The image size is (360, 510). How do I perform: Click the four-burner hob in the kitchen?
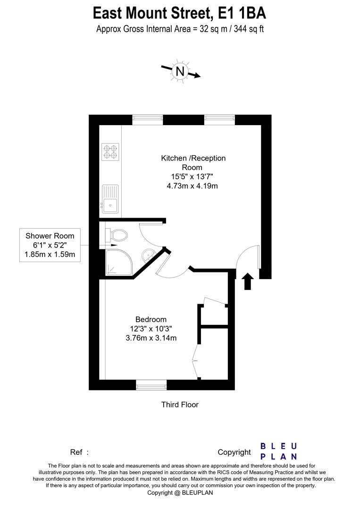pyautogui.click(x=110, y=151)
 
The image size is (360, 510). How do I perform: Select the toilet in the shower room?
pyautogui.click(x=118, y=234)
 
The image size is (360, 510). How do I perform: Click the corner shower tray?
pyautogui.click(x=116, y=262)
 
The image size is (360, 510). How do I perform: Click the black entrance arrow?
pyautogui.click(x=247, y=281)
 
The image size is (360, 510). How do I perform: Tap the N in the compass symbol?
pyautogui.click(x=180, y=71)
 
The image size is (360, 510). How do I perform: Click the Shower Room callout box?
pyautogui.click(x=50, y=246)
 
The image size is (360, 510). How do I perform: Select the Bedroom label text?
pyautogui.click(x=151, y=320)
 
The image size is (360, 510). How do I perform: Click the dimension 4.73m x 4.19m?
pyautogui.click(x=192, y=186)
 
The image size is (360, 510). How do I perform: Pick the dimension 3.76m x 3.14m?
pyautogui.click(x=151, y=338)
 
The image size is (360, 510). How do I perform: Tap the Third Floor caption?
pyautogui.click(x=180, y=404)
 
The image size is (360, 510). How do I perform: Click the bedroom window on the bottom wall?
pyautogui.click(x=151, y=385)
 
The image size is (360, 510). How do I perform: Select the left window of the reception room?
pyautogui.click(x=147, y=120)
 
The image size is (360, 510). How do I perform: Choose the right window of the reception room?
pyautogui.click(x=219, y=120)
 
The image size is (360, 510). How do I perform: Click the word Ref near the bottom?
pyautogui.click(x=76, y=452)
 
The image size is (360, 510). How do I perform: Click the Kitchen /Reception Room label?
pyautogui.click(x=193, y=162)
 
